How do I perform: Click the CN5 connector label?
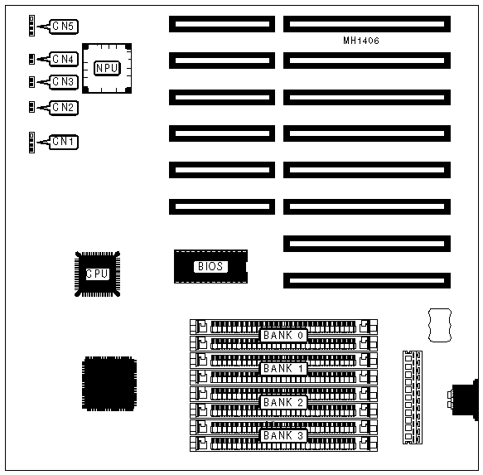(64, 27)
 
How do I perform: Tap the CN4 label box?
(64, 59)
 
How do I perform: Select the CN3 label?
(64, 82)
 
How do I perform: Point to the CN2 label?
(64, 108)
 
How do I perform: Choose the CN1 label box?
(64, 142)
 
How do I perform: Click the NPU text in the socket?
(107, 68)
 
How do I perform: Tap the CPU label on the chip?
(97, 274)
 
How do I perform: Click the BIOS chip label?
(210, 266)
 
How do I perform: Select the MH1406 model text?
(361, 41)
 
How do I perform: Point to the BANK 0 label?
(283, 335)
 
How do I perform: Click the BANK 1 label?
(283, 368)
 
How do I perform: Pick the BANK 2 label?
(283, 402)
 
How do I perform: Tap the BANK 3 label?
(283, 435)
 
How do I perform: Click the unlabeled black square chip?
(109, 384)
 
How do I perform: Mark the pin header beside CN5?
(31, 26)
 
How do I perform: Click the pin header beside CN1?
(31, 143)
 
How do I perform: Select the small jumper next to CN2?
(31, 107)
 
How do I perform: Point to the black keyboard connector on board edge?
(464, 400)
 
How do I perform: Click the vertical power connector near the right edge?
(413, 397)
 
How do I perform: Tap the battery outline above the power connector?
(440, 325)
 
